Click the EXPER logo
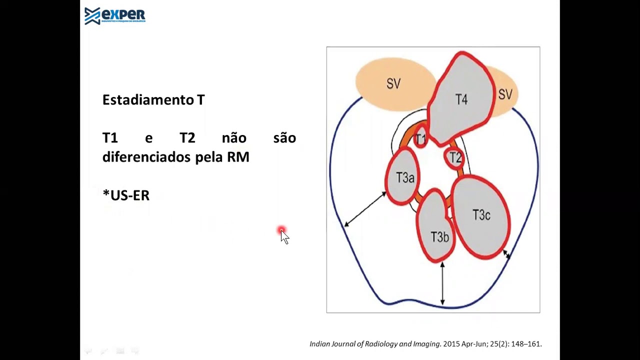click(115, 16)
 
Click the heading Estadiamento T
click(153, 99)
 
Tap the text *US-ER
click(126, 195)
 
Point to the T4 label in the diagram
click(461, 99)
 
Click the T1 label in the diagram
click(420, 139)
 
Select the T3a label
click(405, 177)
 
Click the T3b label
click(439, 237)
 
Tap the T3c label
click(481, 215)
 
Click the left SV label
click(393, 84)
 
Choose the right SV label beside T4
click(505, 94)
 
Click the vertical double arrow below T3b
click(442, 283)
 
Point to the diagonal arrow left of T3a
click(365, 209)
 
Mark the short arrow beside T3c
click(506, 254)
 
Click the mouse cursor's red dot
click(281, 230)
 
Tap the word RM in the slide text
click(238, 157)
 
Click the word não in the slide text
click(234, 137)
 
